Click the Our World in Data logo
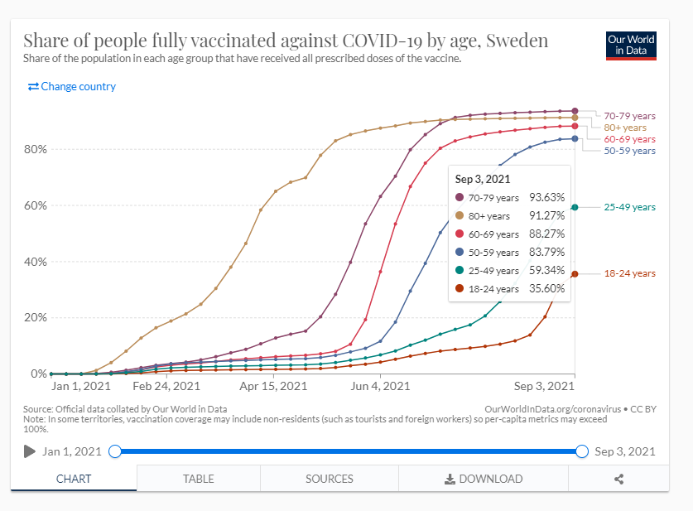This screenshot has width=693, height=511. [631, 46]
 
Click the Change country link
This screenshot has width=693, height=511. [72, 86]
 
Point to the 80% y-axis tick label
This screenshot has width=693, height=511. [36, 150]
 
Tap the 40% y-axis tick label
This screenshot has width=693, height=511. [36, 262]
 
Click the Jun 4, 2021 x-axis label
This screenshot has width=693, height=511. [380, 386]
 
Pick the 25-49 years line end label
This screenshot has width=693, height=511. [629, 207]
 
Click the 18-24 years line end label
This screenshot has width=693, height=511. [629, 273]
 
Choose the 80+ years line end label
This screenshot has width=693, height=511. [624, 128]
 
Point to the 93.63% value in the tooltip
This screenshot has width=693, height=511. [546, 197]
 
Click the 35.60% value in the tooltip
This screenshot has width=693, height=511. [546, 288]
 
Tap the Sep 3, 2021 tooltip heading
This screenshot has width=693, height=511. [483, 178]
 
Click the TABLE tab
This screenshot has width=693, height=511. [199, 479]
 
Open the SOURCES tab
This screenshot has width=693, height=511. [330, 479]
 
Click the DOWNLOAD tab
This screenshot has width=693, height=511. [484, 479]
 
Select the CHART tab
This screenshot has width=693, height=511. [74, 479]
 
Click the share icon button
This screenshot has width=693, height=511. [618, 479]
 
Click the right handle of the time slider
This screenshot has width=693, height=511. [581, 451]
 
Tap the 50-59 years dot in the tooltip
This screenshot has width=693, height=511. [460, 252]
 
